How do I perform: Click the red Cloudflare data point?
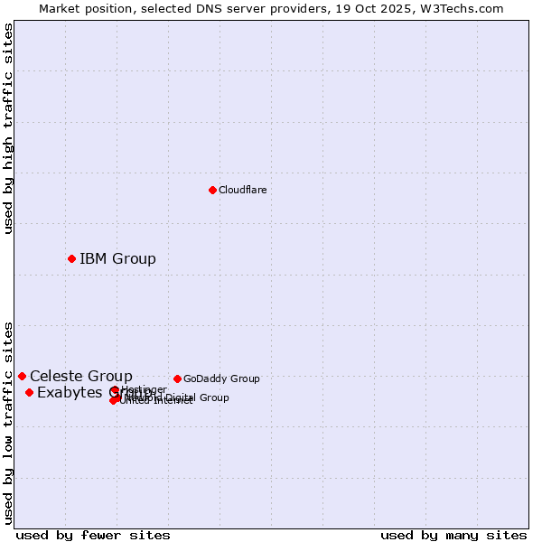[212, 190]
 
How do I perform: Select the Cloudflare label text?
[242, 191]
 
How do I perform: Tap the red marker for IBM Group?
[71, 259]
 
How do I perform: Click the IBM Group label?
[117, 259]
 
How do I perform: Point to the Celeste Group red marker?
[22, 376]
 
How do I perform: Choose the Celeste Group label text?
[80, 377]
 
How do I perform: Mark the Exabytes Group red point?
[29, 392]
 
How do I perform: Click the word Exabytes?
[70, 393]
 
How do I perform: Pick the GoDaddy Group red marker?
[177, 378]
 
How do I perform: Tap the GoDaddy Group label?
[221, 379]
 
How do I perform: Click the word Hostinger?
[144, 389]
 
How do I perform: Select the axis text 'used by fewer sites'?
[93, 535]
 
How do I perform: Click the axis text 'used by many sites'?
[453, 535]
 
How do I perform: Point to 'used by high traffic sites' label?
[8, 128]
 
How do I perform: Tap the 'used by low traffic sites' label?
[8, 423]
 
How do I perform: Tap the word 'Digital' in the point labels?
[177, 397]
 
